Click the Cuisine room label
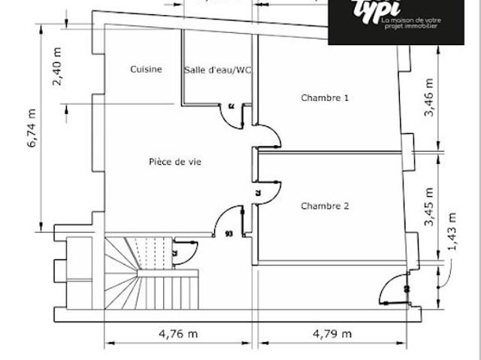coord(146,69)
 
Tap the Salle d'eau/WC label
coord(217,70)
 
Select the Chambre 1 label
coord(325,98)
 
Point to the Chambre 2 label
coord(325,206)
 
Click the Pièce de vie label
coord(174,161)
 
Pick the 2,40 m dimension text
coord(58,66)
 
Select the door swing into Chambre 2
coord(268,192)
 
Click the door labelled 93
coord(225,223)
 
